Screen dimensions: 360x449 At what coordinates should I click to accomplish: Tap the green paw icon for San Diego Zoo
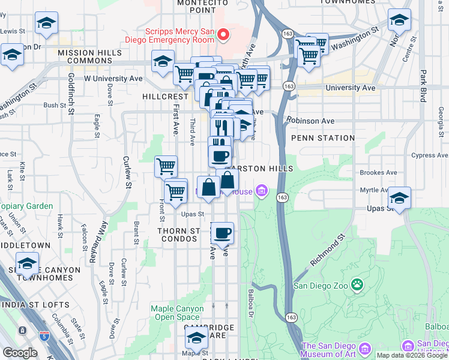click(358, 284)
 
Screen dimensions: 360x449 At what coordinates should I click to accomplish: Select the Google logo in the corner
click(20, 352)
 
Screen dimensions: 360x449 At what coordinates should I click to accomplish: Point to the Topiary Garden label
click(26, 206)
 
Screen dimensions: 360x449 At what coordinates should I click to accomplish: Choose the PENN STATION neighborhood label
click(323, 138)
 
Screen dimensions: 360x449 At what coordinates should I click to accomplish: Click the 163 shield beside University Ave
click(289, 86)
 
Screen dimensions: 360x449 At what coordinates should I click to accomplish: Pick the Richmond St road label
click(328, 251)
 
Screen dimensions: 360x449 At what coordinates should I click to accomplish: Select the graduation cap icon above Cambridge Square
click(196, 338)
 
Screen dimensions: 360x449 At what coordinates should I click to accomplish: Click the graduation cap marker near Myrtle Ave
click(399, 197)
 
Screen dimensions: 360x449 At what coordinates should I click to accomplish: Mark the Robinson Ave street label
click(310, 121)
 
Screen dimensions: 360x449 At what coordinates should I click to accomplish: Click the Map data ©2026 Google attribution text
click(412, 355)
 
